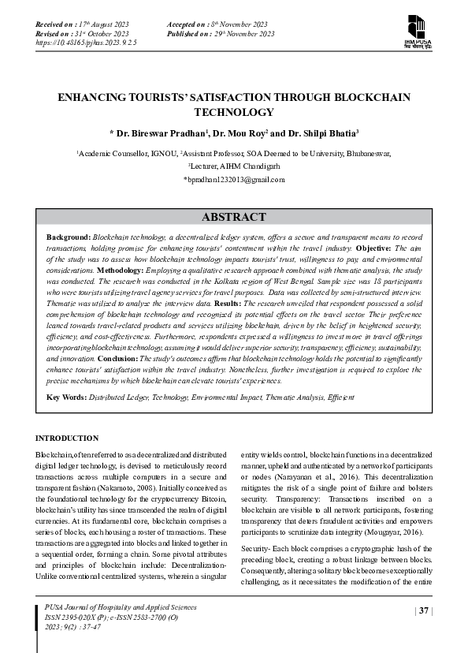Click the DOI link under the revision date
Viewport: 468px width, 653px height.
[x=87, y=44]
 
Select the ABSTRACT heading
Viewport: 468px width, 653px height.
[x=233, y=217]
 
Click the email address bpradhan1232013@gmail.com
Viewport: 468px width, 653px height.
[x=234, y=180]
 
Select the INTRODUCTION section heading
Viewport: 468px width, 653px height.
[x=67, y=438]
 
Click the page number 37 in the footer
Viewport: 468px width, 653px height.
[x=424, y=610]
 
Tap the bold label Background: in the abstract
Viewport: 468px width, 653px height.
[x=69, y=237]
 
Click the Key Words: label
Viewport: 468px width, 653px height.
[x=68, y=396]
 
